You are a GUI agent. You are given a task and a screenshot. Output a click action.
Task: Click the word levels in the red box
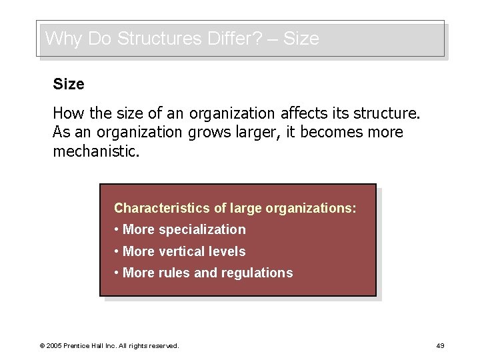point(227,251)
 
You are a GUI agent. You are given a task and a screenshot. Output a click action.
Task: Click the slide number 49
point(439,345)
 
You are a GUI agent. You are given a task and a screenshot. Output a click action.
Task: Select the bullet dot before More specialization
point(117,230)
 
